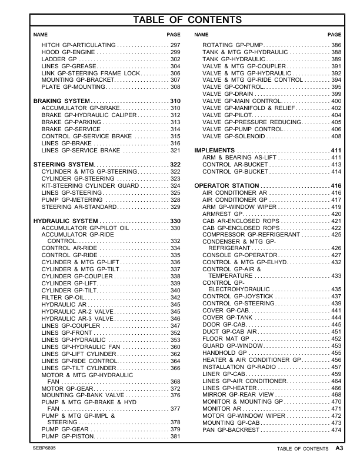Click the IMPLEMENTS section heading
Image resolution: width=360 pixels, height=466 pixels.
[x=216, y=150]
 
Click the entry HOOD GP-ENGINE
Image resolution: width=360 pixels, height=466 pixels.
[x=65, y=52]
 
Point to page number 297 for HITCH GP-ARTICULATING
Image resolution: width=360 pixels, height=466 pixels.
[x=175, y=45]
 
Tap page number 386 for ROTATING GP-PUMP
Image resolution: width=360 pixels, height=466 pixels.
[x=336, y=45]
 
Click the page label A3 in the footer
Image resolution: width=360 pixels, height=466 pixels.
[x=339, y=448]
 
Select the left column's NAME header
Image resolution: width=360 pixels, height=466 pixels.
[x=41, y=35]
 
